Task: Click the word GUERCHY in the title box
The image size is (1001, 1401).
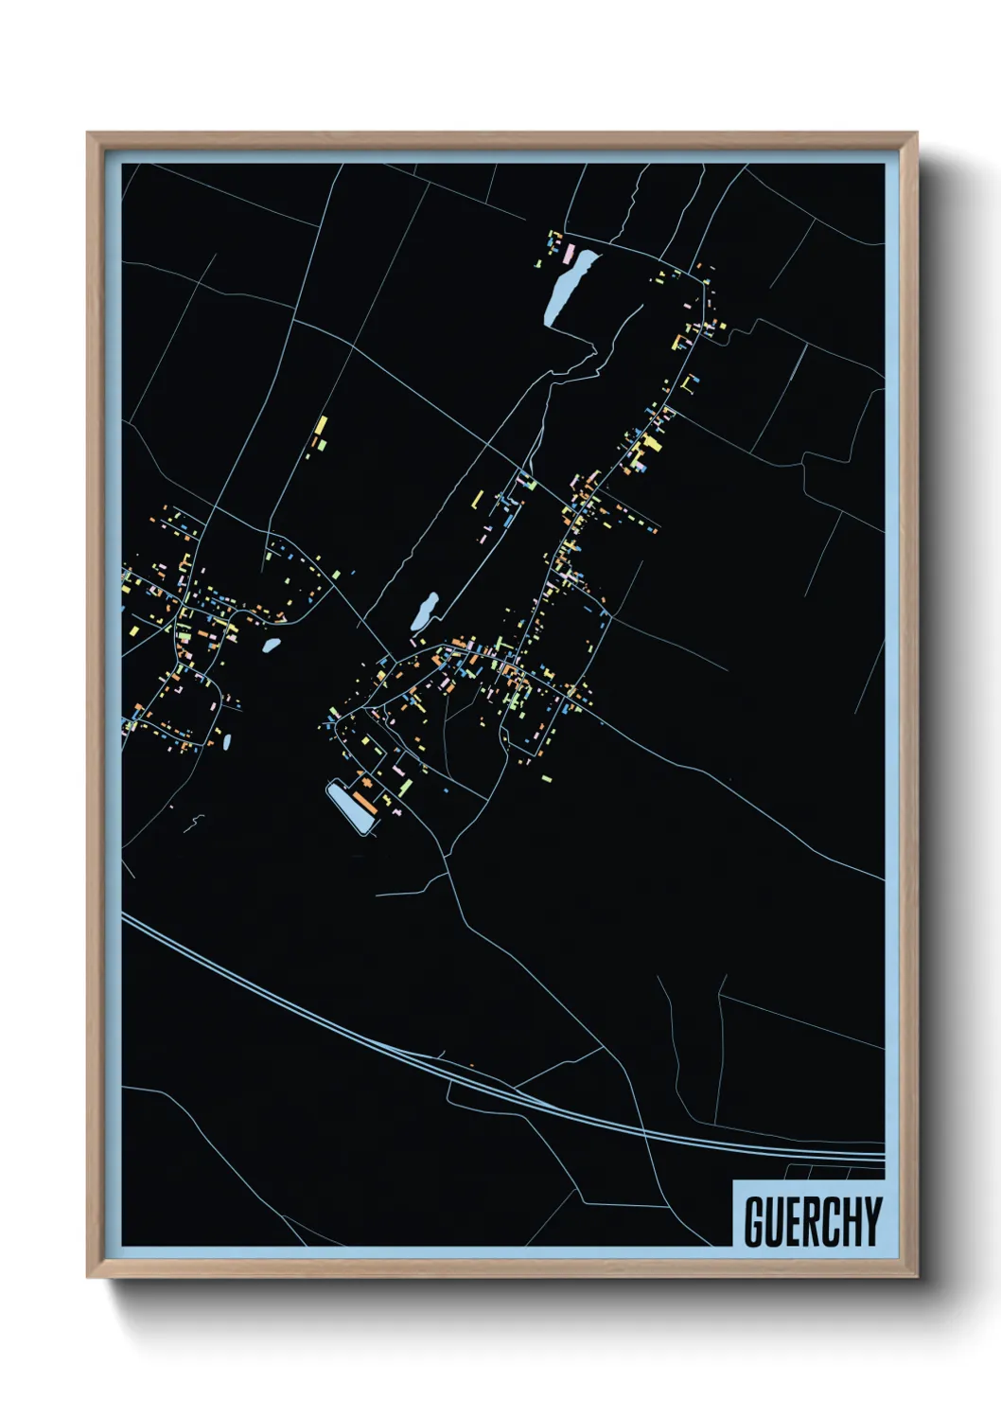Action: (x=812, y=1221)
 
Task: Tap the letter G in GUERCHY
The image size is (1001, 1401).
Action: (x=755, y=1221)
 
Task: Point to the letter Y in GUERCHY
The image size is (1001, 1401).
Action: (x=872, y=1221)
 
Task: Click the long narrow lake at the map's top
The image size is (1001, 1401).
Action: (x=567, y=286)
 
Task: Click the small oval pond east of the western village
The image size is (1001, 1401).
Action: (x=271, y=646)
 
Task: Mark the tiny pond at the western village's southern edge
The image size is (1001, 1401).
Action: (x=227, y=741)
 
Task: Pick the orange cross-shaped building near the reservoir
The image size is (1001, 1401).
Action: (x=396, y=811)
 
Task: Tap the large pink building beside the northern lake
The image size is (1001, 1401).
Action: (x=570, y=253)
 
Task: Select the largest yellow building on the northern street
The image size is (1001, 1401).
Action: (x=652, y=443)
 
